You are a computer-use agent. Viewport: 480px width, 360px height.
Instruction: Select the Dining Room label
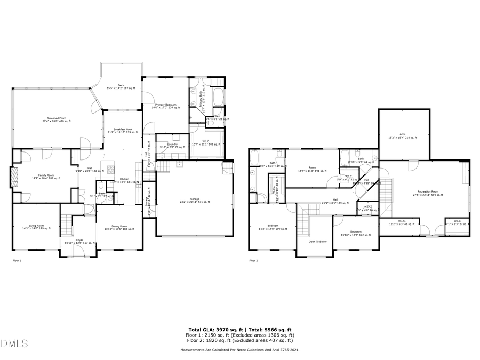click(x=119, y=227)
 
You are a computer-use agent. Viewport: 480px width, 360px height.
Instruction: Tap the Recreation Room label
click(x=428, y=192)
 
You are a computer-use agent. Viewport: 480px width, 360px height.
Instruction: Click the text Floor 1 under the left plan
click(x=17, y=261)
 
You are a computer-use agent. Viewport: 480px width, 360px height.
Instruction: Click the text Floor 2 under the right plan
click(x=253, y=261)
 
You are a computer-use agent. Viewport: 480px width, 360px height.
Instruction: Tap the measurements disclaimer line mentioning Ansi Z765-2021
click(x=239, y=350)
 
